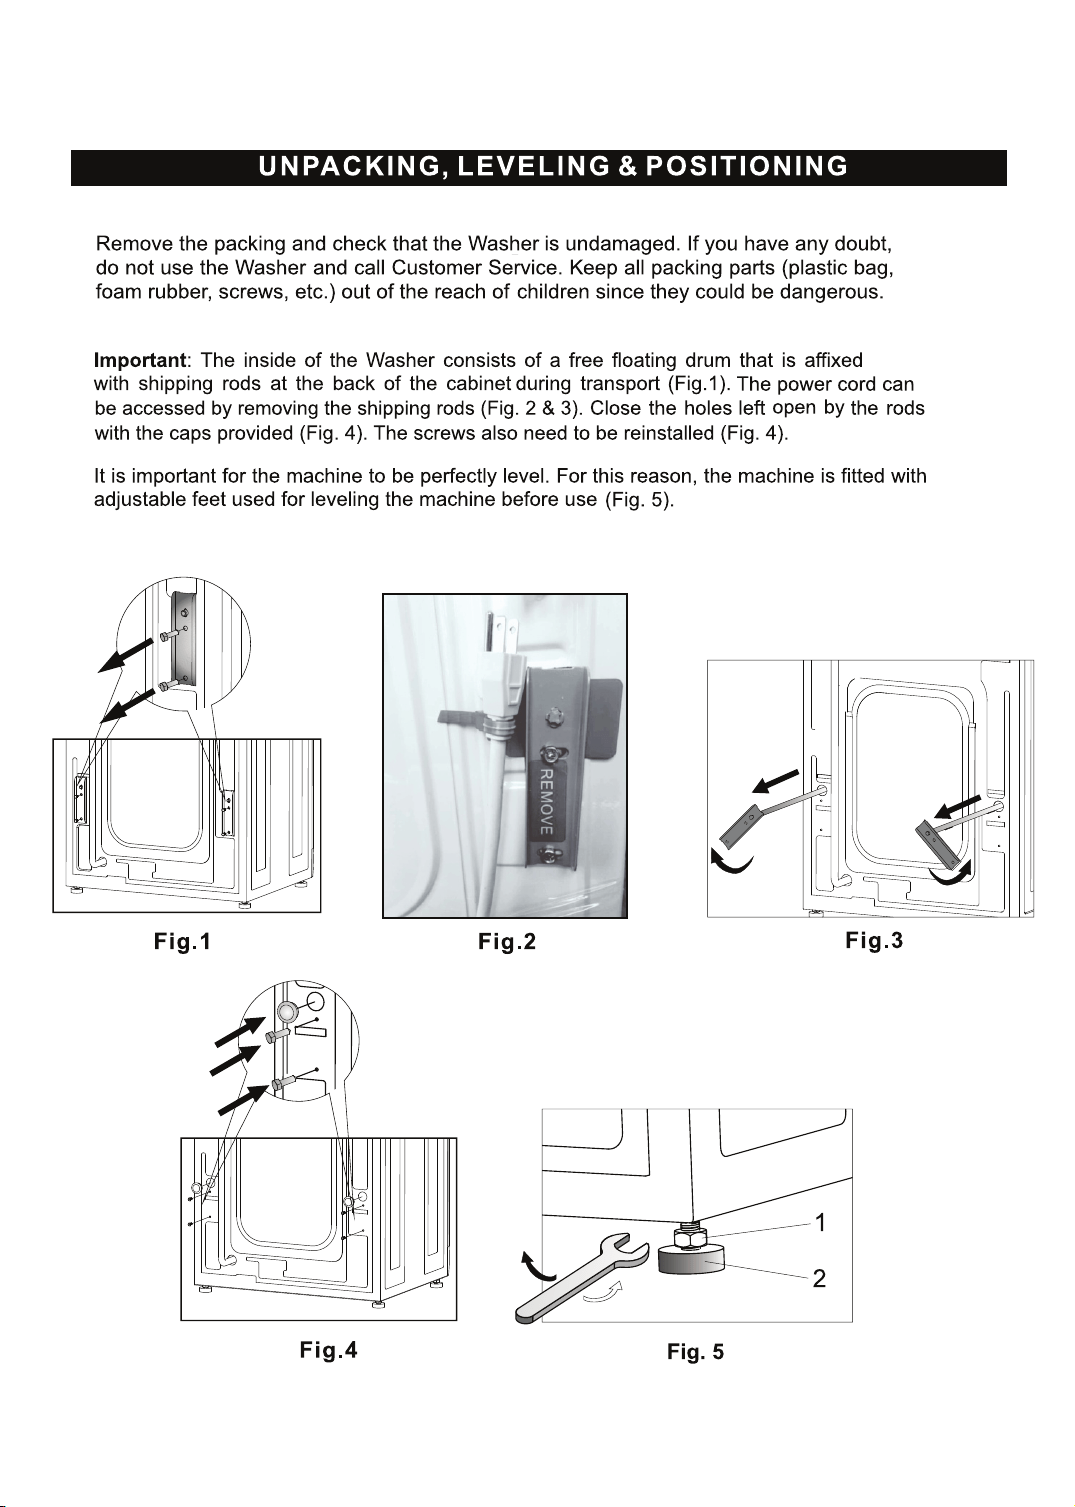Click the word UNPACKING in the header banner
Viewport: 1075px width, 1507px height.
[x=350, y=167]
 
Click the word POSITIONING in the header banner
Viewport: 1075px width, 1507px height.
[x=746, y=167]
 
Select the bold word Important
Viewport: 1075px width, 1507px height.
[x=139, y=361]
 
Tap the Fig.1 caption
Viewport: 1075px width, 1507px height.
[x=182, y=941]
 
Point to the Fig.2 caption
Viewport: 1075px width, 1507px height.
[x=507, y=942]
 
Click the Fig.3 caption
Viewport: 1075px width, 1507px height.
[x=874, y=941]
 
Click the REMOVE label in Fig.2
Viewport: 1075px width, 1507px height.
[x=547, y=801]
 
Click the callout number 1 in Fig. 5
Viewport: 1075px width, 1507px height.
[x=819, y=1222]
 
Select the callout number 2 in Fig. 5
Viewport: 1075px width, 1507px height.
[x=819, y=1278]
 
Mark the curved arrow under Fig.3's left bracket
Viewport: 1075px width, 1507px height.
[x=731, y=862]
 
